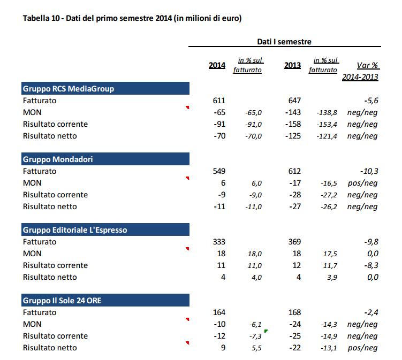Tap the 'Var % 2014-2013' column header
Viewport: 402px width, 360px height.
coord(360,71)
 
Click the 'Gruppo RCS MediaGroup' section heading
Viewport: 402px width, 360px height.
coord(69,89)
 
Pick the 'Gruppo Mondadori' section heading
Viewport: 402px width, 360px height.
coord(59,159)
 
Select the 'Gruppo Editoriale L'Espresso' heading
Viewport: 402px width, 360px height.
coord(75,230)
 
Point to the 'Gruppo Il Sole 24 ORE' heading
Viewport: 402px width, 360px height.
coord(62,301)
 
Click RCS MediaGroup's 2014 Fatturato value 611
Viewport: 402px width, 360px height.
coord(219,101)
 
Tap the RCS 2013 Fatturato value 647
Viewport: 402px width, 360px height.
coord(294,101)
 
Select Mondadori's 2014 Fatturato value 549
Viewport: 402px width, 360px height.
coord(219,171)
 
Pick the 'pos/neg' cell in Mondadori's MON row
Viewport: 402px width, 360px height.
coord(363,183)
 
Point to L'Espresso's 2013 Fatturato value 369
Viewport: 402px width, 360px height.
coord(294,242)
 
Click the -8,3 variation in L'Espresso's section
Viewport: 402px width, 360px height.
coord(371,265)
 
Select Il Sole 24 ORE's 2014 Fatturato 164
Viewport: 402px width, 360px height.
coord(219,312)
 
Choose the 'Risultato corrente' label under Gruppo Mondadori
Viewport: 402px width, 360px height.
coord(55,195)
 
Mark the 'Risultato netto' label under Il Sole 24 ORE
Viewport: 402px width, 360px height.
coord(50,348)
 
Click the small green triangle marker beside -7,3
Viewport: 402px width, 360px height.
coord(266,332)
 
